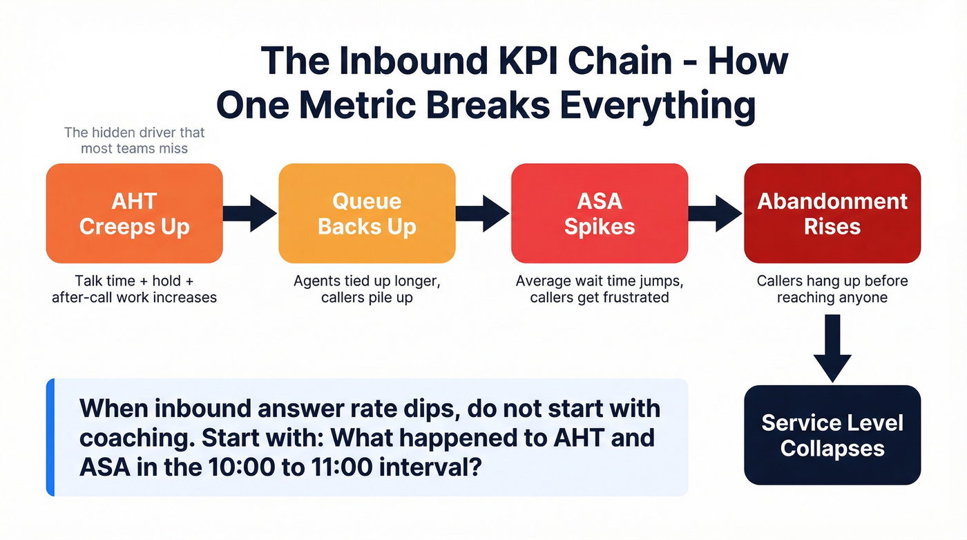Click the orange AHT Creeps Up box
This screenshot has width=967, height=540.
click(134, 213)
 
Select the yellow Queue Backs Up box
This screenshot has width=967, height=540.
click(367, 213)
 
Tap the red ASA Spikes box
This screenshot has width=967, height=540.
click(599, 213)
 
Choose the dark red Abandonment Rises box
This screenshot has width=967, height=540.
click(832, 213)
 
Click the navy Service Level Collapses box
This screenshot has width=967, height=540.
click(832, 435)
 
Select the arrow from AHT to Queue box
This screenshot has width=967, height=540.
click(250, 213)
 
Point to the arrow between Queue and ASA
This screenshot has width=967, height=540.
click(483, 213)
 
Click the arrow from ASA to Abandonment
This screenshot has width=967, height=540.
click(716, 213)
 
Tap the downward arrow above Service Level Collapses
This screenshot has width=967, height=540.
click(832, 348)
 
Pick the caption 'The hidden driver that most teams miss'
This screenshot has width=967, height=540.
click(134, 140)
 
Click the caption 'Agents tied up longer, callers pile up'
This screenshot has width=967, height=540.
click(367, 290)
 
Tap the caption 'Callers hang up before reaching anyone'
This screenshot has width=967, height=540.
click(832, 290)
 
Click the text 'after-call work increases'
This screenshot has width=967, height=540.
click(134, 298)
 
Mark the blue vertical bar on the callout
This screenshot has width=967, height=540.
click(50, 437)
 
